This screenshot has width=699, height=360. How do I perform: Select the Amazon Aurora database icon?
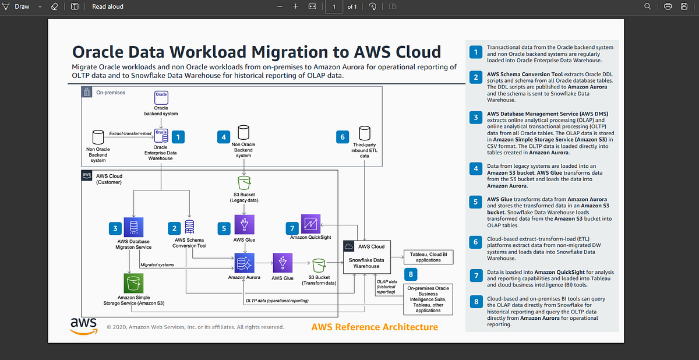[243, 263]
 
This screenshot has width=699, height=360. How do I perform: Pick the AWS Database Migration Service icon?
[133, 228]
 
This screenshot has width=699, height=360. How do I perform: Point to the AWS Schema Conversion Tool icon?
[189, 227]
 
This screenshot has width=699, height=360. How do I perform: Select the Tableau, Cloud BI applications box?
[428, 257]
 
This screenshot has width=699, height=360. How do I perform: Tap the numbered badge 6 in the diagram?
[344, 137]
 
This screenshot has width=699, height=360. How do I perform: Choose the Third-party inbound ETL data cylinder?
[365, 133]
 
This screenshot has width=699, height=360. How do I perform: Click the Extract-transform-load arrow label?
[130, 134]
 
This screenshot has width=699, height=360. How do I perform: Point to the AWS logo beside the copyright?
[83, 326]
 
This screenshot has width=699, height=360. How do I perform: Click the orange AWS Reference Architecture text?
[375, 327]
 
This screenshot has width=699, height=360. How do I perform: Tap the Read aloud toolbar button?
[107, 6]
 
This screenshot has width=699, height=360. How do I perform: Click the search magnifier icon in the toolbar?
[648, 6]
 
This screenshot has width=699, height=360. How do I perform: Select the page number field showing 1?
[334, 6]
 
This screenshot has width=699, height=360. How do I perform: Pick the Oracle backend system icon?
[161, 97]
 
